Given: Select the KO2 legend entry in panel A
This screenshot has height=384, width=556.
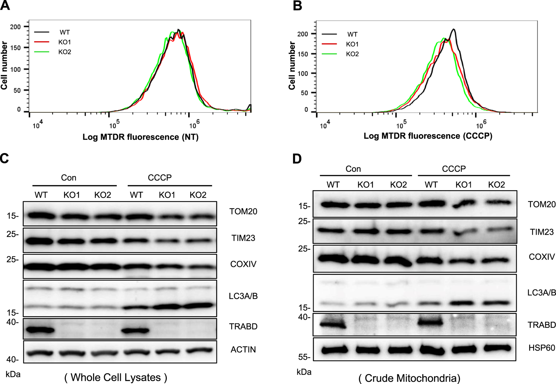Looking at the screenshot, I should pyautogui.click(x=64, y=52).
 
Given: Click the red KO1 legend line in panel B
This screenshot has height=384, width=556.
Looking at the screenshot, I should pyautogui.click(x=329, y=44).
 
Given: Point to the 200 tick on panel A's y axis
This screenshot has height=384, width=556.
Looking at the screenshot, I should pyautogui.click(x=15, y=27).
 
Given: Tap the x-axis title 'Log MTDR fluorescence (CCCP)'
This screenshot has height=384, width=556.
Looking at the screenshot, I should pyautogui.click(x=428, y=136).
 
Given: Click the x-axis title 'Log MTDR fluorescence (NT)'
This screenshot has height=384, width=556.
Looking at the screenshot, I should pyautogui.click(x=140, y=137).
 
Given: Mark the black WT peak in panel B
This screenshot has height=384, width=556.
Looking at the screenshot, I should pyautogui.click(x=453, y=30).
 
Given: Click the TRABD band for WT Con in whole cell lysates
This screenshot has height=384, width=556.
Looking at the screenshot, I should pyautogui.click(x=40, y=330).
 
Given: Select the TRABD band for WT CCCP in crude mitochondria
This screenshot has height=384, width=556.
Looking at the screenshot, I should pyautogui.click(x=430, y=322).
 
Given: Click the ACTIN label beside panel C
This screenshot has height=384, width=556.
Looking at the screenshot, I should pyautogui.click(x=243, y=350).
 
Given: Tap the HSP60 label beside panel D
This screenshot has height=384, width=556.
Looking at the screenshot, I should pyautogui.click(x=542, y=348).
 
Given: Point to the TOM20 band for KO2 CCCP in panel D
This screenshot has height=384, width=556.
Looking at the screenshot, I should pyautogui.click(x=497, y=203).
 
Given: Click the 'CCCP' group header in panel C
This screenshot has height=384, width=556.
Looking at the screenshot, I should pyautogui.click(x=160, y=178).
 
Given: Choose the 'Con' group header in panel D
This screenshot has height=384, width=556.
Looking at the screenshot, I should pyautogui.click(x=353, y=169).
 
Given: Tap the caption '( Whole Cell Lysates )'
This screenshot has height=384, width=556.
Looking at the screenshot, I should pyautogui.click(x=115, y=377).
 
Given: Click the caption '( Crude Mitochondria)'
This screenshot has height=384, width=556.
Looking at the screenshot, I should pyautogui.click(x=409, y=378).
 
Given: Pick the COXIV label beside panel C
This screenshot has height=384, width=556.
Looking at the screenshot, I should pyautogui.click(x=243, y=264).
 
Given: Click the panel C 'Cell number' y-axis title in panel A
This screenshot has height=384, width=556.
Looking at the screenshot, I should pyautogui.click(x=4, y=66).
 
